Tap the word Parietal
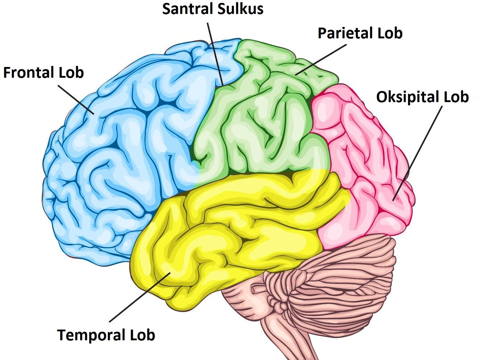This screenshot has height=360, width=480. (340, 33)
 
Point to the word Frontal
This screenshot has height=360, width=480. (29, 73)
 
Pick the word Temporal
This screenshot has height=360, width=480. (91, 335)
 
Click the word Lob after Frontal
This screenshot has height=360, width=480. (71, 73)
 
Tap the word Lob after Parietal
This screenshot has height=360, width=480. (389, 33)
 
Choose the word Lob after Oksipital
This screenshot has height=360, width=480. (456, 97)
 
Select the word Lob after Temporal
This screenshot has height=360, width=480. (142, 335)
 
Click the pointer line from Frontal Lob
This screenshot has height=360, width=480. (76, 100)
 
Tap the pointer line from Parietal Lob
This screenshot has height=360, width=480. (321, 60)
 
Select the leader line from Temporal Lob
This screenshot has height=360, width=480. (140, 297)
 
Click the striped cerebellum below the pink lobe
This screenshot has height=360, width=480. (333, 287)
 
